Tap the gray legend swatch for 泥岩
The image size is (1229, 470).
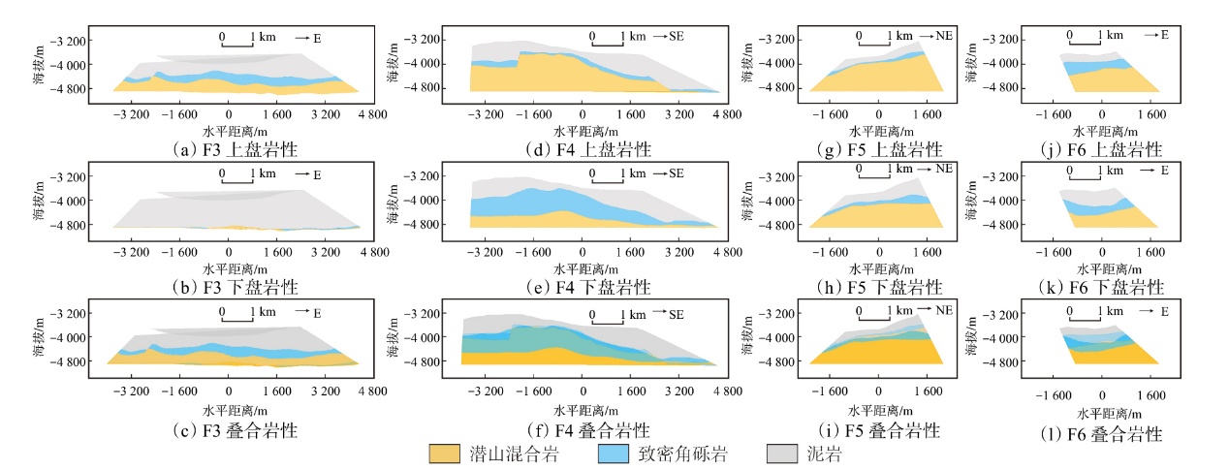tap(783, 453)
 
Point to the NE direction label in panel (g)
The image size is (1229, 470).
tap(944, 35)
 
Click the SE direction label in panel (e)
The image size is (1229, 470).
tap(676, 172)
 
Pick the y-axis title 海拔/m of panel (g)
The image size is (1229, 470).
tap(750, 66)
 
